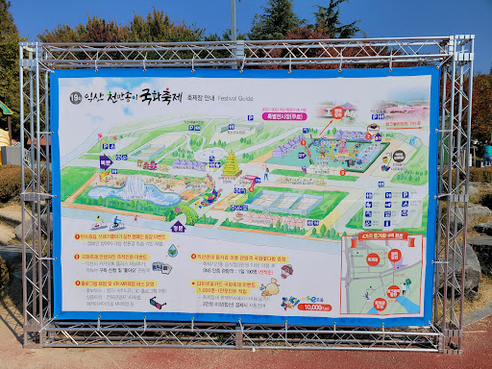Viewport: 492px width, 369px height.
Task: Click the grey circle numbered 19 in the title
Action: tap(76, 97)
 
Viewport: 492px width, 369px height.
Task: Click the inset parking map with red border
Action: tap(381, 275)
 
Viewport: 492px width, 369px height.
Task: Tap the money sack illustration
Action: tap(272, 287)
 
